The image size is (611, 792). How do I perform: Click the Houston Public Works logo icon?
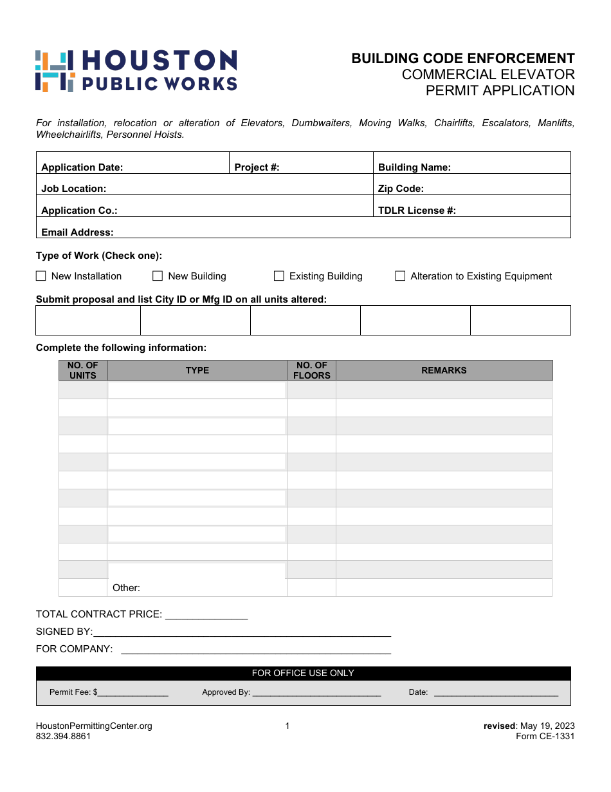coord(55,71)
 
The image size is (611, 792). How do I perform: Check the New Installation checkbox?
coord(41,276)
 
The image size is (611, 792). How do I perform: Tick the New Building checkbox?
coord(158,276)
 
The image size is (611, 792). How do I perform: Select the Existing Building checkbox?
coord(279,276)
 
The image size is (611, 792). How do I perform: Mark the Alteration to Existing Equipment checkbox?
coord(400,276)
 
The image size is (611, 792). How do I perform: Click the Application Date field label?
coord(82,167)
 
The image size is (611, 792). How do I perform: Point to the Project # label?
coord(257,167)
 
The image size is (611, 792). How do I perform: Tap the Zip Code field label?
coord(401,189)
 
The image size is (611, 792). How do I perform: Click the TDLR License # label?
coord(417,211)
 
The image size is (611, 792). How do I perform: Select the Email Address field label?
coord(77,232)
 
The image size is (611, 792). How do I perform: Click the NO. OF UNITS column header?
coord(83,370)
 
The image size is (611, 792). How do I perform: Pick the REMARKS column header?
coord(444,370)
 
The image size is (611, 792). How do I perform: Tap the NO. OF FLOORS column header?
coord(312,370)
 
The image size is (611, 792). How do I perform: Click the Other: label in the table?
coord(126,588)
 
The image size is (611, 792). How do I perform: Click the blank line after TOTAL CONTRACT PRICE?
coord(206,615)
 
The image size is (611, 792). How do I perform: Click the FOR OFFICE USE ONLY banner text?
coord(303,673)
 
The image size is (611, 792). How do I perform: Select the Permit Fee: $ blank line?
coord(133,693)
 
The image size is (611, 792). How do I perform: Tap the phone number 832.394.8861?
coord(63,737)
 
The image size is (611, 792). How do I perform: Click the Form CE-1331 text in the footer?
coord(545,737)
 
